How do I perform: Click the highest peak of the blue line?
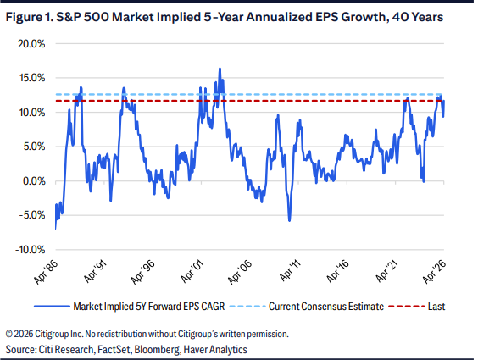[220, 69]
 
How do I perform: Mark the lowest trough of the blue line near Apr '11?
[289, 220]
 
